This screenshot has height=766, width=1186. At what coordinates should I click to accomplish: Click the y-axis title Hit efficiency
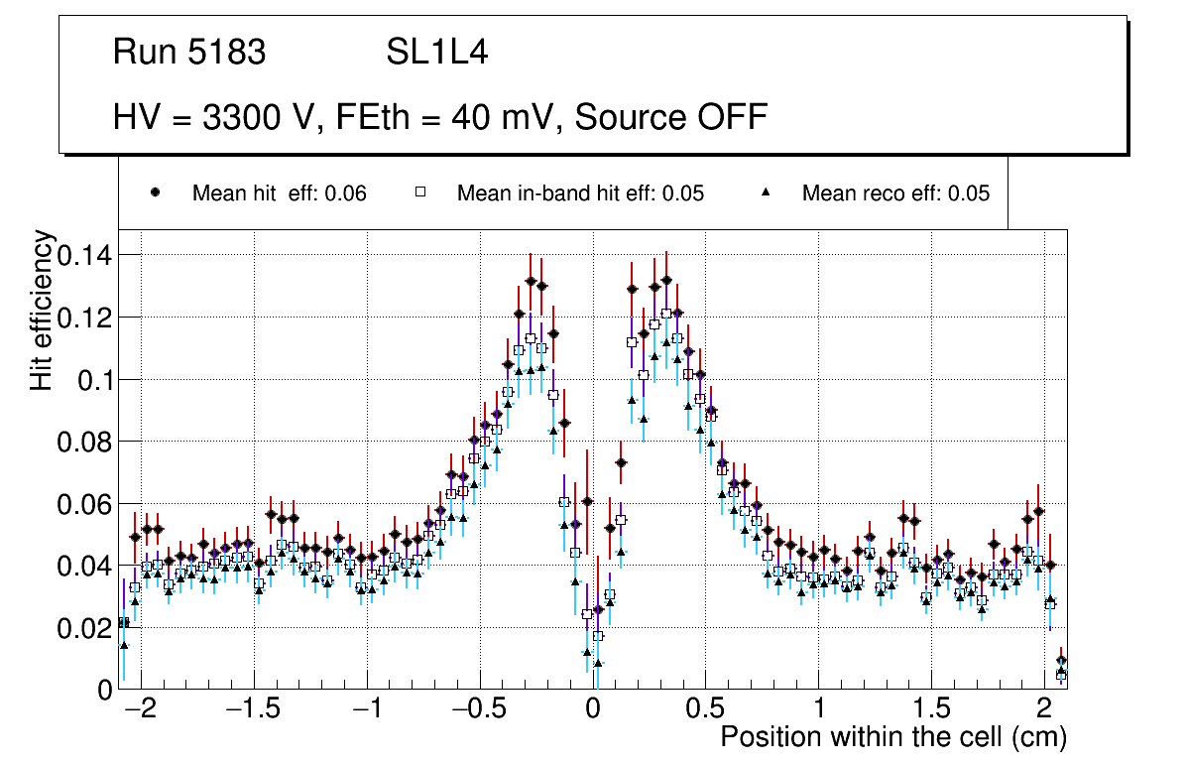click(42, 311)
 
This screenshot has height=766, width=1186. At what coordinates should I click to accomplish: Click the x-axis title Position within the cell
click(892, 737)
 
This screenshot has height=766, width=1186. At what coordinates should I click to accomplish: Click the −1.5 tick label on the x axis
click(254, 709)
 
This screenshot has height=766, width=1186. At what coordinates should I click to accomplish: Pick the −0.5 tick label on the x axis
click(479, 709)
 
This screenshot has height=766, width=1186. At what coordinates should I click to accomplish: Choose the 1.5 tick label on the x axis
click(930, 709)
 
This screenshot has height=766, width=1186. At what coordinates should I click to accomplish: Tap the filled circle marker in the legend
click(156, 193)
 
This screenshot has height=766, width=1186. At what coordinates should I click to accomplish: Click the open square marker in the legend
click(419, 193)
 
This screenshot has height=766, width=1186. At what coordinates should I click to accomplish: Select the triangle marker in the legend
click(767, 193)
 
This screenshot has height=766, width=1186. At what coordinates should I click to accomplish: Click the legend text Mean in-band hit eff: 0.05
click(580, 193)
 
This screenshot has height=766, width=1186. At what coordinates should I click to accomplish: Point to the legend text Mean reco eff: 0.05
click(895, 193)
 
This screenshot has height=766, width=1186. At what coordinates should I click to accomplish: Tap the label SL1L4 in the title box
click(436, 53)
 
